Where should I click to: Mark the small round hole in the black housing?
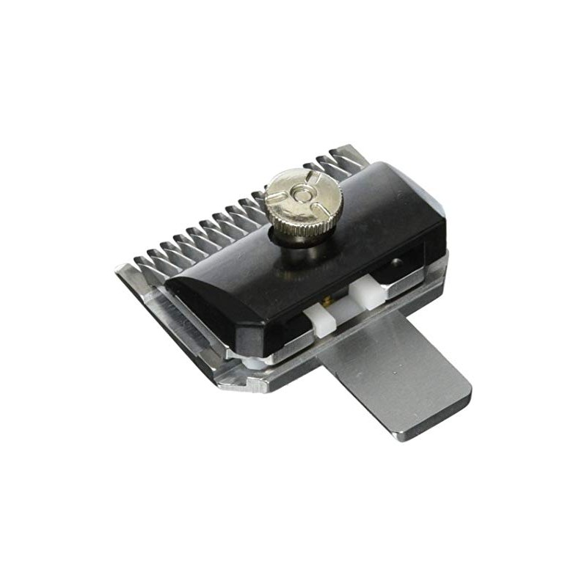point(397,261)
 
